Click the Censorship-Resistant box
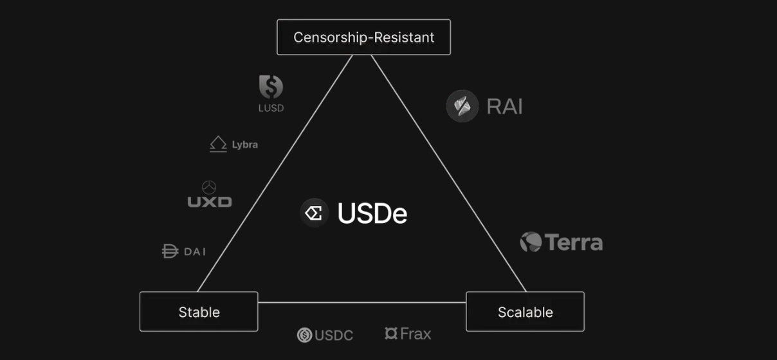pos(363,37)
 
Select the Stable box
pos(199,312)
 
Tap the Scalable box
pos(525,312)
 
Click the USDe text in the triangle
pos(372,214)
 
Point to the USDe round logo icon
pos(315,213)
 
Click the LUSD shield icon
pos(271,87)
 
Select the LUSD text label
pos(271,108)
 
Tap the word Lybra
pos(244,145)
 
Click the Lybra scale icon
pos(218,144)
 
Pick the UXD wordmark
pos(210,202)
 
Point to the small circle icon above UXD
pos(209,187)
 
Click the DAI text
pos(195,251)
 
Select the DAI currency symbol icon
pos(170,251)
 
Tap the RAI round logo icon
pos(462,106)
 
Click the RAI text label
pos(505,106)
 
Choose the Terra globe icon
pos(531,242)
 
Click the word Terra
pos(574,242)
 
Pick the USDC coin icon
pos(304,335)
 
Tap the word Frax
pos(416,334)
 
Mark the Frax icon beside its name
pos(390,333)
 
